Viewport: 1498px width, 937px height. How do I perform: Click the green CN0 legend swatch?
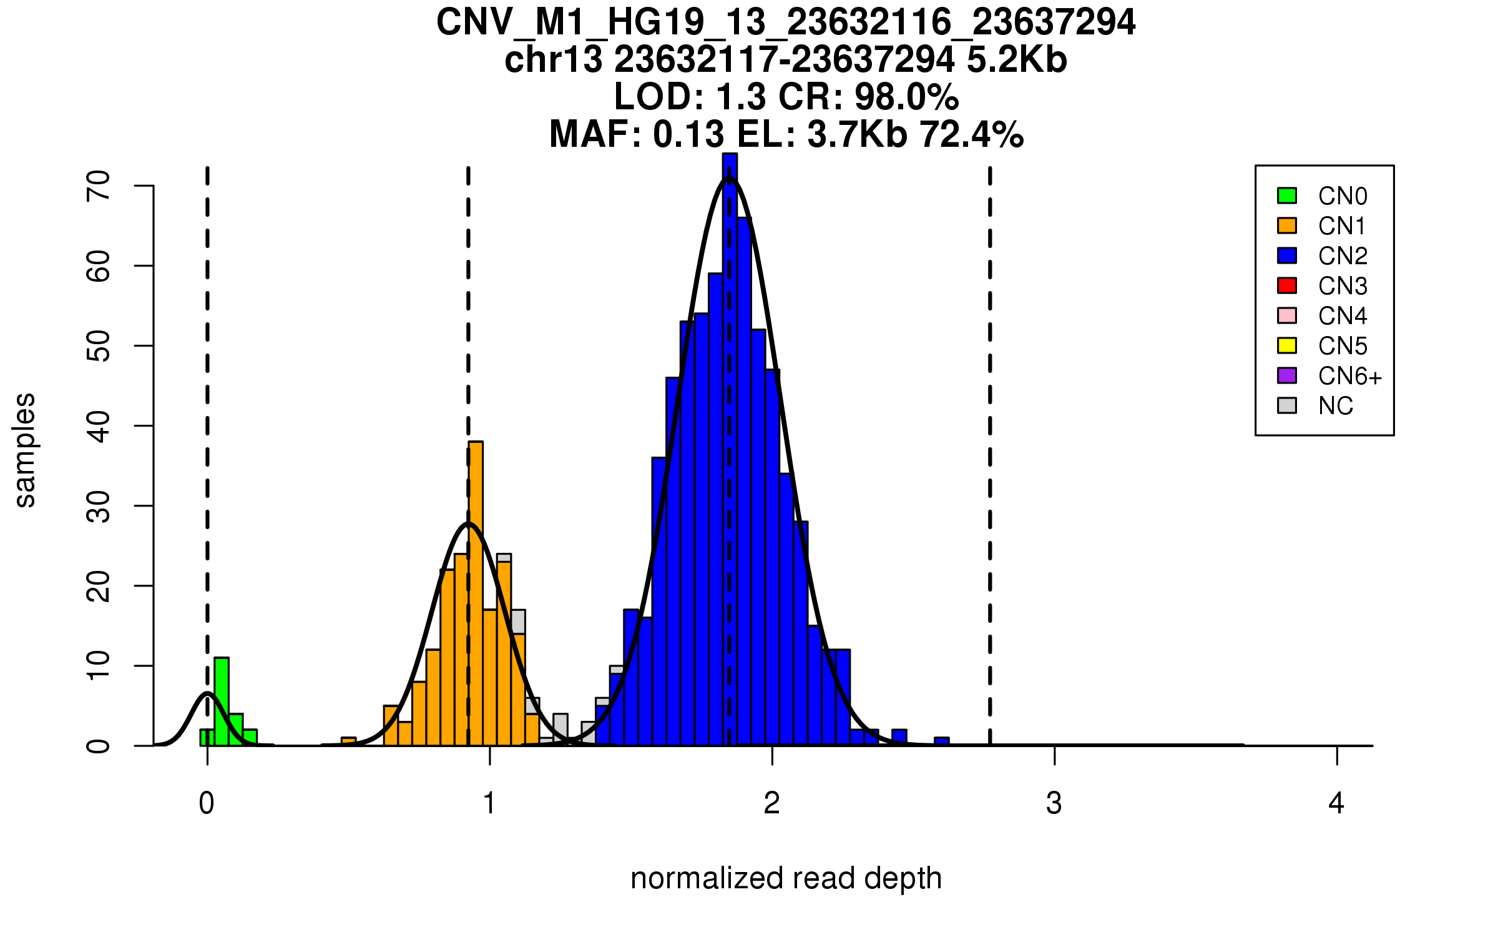pos(1287,196)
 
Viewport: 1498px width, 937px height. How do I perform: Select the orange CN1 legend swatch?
pos(1287,226)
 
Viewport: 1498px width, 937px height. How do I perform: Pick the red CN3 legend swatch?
pos(1287,285)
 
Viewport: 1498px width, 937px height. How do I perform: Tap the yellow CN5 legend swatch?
pos(1287,345)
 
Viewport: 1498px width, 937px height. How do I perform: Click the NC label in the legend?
pos(1336,406)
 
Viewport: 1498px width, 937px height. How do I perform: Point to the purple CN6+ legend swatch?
pos(1287,375)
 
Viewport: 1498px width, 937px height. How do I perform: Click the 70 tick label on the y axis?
pos(99,186)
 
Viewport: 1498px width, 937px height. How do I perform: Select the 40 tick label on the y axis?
pos(99,426)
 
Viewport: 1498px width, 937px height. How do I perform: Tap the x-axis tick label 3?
pos(1054,803)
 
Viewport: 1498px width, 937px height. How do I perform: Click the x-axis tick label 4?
pos(1336,803)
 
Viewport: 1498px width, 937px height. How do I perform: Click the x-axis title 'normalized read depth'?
pos(786,878)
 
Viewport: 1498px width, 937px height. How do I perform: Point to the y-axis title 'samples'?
pos(25,450)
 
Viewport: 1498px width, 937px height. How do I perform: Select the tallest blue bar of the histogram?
pos(730,450)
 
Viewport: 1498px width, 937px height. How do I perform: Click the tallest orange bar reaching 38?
pos(476,593)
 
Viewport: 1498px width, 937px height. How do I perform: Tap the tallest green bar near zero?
pos(222,701)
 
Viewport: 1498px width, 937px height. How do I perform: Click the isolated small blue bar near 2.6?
pos(942,741)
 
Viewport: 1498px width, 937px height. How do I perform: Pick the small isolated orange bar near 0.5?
pos(348,741)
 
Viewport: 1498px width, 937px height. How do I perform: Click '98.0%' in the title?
pos(906,97)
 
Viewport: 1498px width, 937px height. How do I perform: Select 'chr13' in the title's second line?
pos(554,60)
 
